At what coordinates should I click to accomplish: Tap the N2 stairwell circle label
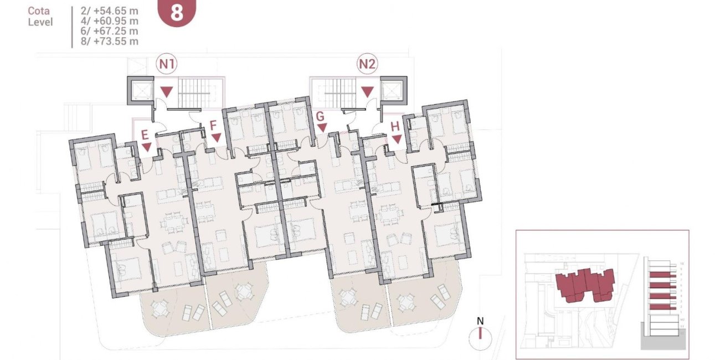click(367, 64)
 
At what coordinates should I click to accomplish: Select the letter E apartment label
click(145, 135)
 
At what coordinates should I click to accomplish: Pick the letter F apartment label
click(213, 126)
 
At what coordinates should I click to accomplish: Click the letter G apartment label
click(320, 117)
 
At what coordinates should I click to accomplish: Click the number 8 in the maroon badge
click(177, 13)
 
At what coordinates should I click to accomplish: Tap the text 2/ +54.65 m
click(109, 11)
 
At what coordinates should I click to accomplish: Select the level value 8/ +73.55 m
click(109, 41)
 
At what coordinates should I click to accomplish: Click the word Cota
click(39, 11)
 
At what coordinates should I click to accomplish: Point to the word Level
click(40, 22)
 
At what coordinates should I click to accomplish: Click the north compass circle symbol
click(481, 335)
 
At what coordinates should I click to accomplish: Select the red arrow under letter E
click(147, 147)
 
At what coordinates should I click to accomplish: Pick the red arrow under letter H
click(397, 138)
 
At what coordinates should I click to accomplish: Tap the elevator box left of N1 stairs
click(139, 90)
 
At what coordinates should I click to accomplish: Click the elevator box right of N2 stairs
click(394, 90)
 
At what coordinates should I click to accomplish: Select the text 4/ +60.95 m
click(109, 21)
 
